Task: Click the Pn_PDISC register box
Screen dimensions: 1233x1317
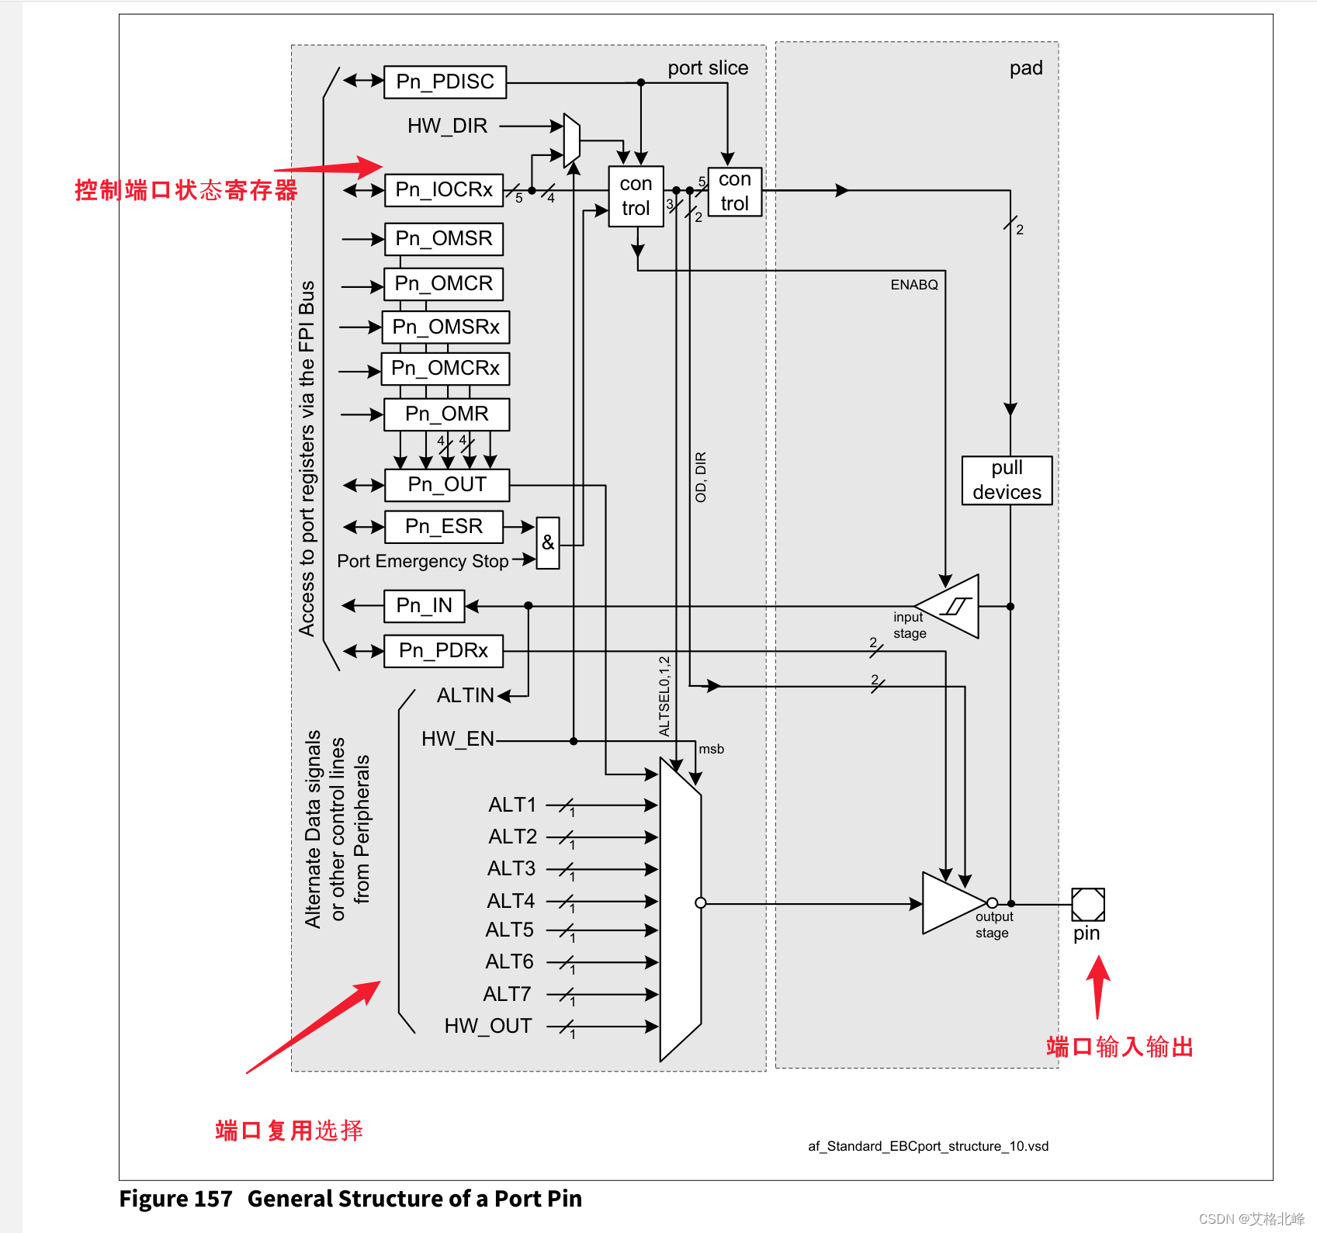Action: point(445,82)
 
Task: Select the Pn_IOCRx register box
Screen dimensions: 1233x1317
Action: point(444,190)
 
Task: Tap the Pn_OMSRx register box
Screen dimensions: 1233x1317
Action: point(445,327)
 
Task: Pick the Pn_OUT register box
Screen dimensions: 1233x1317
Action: point(447,485)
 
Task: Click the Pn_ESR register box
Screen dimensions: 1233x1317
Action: point(444,527)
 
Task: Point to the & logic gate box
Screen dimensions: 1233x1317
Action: point(548,543)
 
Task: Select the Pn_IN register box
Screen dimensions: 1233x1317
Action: point(424,606)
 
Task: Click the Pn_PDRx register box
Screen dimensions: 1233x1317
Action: point(443,651)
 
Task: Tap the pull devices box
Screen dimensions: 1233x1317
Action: point(1007,480)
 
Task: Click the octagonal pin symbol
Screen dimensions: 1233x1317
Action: point(1087,904)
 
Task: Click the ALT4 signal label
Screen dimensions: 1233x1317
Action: point(510,901)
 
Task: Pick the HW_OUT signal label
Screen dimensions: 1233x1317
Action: point(487,1026)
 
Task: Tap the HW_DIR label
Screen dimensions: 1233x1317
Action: point(447,126)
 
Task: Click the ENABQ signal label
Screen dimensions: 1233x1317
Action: point(913,285)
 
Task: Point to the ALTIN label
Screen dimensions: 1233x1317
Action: point(465,695)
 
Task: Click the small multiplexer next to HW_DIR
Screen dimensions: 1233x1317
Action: point(571,140)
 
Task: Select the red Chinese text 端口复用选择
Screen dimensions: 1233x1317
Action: point(289,1131)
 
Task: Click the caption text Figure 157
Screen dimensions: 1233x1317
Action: point(175,1199)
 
